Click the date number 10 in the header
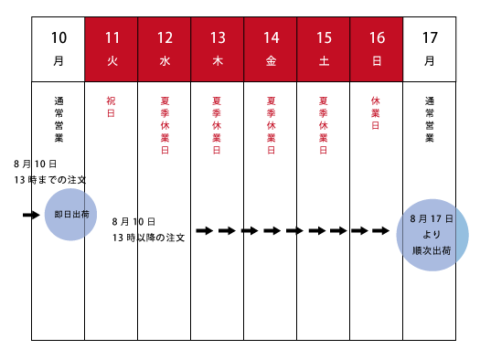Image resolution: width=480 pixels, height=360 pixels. coord(59,38)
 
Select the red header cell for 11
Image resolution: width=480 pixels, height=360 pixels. coord(112,49)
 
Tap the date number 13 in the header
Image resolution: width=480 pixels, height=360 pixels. coord(218,38)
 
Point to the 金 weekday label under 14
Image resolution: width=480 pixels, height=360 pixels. coord(271,61)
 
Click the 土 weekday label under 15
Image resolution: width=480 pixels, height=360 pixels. coord(324,61)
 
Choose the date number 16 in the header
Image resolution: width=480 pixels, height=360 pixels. coord(377,38)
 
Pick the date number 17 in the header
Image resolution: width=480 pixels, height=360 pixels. coord(430,38)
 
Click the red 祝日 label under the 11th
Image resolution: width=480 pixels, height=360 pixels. coord(111,107)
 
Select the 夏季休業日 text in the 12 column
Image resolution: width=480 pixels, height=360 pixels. coord(165,125)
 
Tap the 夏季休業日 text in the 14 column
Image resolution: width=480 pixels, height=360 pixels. coord(271,125)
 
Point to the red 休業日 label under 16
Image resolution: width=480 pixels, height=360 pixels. coord(376,113)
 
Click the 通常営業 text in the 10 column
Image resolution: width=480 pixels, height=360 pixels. coord(59,120)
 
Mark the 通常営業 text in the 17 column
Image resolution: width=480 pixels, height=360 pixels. coord(430,120)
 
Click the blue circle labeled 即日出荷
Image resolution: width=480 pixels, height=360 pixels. coord(70,215)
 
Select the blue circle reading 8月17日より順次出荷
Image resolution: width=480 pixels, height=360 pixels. coord(432,235)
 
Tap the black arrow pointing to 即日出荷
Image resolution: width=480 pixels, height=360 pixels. coord(31,215)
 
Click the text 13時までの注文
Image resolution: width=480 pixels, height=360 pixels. coord(50,180)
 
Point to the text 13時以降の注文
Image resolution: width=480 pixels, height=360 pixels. coord(148,238)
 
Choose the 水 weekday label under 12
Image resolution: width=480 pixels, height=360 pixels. coord(165,61)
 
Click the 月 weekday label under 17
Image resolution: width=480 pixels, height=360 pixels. coord(429,61)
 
